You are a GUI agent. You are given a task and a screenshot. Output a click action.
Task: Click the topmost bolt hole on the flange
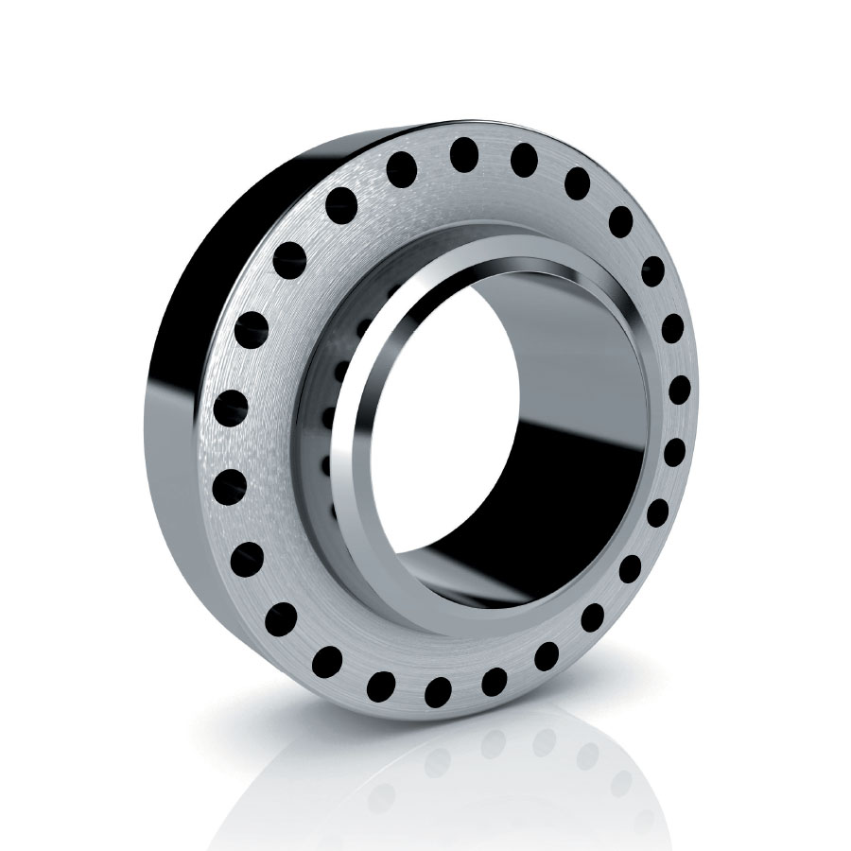coord(463,154)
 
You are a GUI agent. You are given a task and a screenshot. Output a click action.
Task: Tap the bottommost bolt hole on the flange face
coord(438,691)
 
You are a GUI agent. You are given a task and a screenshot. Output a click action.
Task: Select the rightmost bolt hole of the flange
coord(679,390)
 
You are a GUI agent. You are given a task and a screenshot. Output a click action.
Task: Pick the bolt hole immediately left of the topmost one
coord(402,170)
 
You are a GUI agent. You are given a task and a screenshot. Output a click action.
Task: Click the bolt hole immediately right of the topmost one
coord(524,160)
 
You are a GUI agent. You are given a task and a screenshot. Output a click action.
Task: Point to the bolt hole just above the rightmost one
coord(672,328)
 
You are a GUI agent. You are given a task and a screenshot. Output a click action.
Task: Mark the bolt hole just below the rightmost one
coord(673,452)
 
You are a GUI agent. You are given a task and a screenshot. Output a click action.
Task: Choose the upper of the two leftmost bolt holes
coord(231,407)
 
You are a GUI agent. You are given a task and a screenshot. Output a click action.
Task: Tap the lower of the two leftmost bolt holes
coord(230,486)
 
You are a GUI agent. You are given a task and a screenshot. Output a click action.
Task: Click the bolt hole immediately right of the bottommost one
coord(494,680)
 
